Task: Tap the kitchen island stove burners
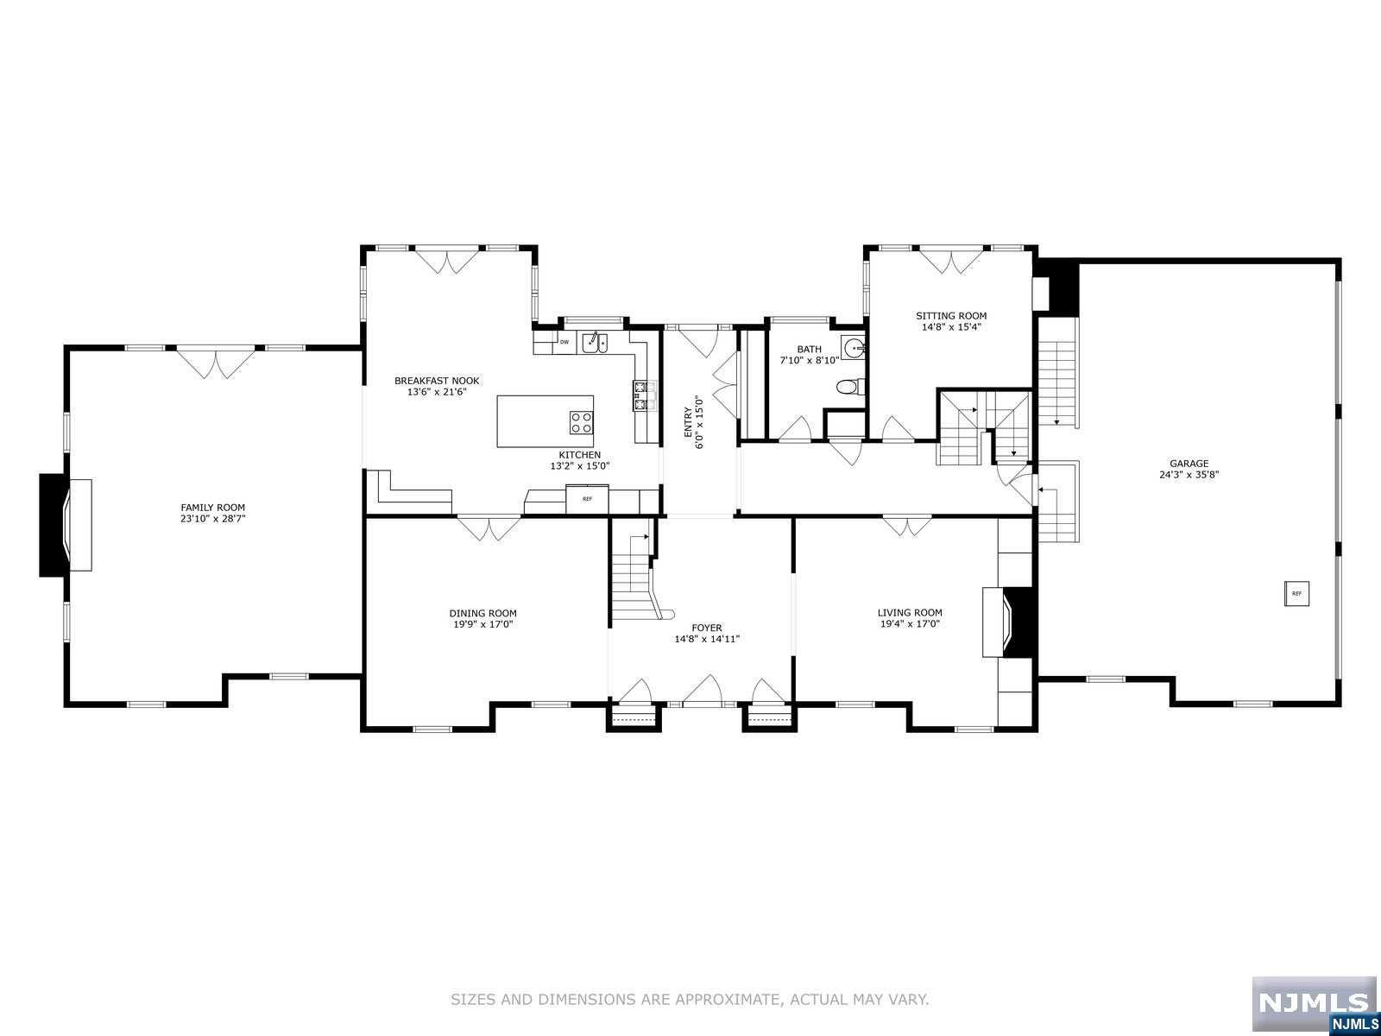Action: click(x=581, y=422)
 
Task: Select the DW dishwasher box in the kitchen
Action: click(x=564, y=343)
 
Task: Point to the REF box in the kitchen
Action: click(x=587, y=499)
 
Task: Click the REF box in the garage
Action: click(x=1296, y=594)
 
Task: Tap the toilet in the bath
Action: click(x=850, y=388)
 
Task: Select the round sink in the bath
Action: click(x=854, y=349)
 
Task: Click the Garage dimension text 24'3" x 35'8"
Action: click(x=1189, y=474)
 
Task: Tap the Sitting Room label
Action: click(x=950, y=316)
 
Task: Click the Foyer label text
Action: click(x=706, y=628)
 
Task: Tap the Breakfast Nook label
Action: click(x=436, y=381)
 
